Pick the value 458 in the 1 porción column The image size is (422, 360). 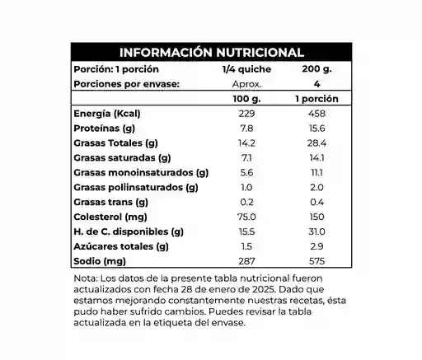point(316,113)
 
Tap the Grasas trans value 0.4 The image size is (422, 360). point(316,202)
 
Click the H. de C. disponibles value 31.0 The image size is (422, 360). point(316,231)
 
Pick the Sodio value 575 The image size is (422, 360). point(316,261)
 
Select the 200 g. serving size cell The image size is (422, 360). point(316,69)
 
